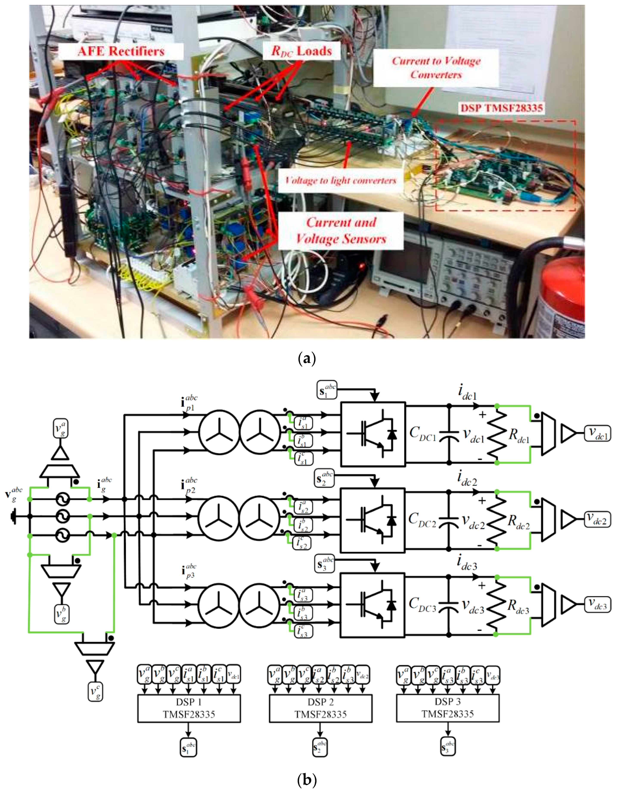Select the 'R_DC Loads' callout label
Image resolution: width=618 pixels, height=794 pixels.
301,51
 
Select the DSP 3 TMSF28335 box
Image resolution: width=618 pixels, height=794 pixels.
448,708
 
